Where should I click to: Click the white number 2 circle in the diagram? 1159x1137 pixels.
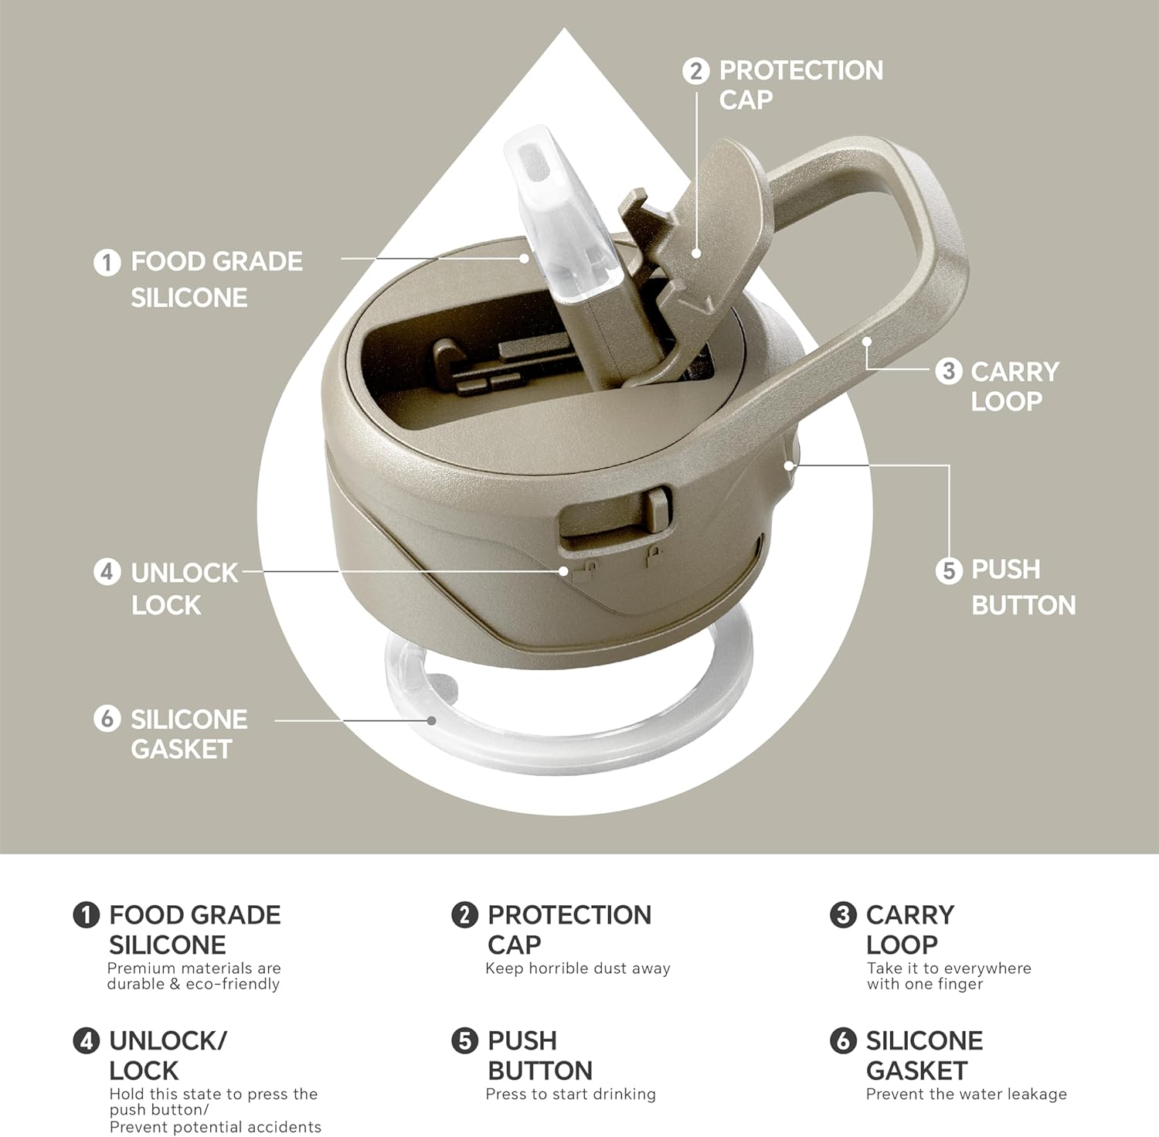(x=695, y=71)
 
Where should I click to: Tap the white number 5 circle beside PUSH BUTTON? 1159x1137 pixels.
(x=948, y=571)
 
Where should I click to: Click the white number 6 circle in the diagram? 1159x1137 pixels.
(x=107, y=719)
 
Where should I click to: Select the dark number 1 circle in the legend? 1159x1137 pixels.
(x=86, y=915)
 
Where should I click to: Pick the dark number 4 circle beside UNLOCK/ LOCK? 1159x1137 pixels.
(x=86, y=1040)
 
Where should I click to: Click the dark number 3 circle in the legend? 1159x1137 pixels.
(x=843, y=915)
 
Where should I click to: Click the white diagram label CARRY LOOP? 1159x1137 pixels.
(x=1015, y=386)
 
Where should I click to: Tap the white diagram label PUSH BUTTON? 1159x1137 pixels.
(x=1023, y=587)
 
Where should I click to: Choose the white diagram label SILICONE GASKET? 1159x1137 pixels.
(x=189, y=734)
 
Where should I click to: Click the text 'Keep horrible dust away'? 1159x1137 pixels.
(x=578, y=968)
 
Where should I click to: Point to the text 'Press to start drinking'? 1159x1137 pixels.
(x=571, y=1094)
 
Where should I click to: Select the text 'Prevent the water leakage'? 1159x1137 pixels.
(x=967, y=1094)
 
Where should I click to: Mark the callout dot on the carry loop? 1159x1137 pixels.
(x=867, y=341)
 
